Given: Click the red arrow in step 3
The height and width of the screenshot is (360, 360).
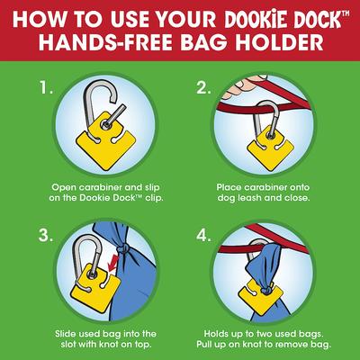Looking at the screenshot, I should (x=112, y=263).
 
